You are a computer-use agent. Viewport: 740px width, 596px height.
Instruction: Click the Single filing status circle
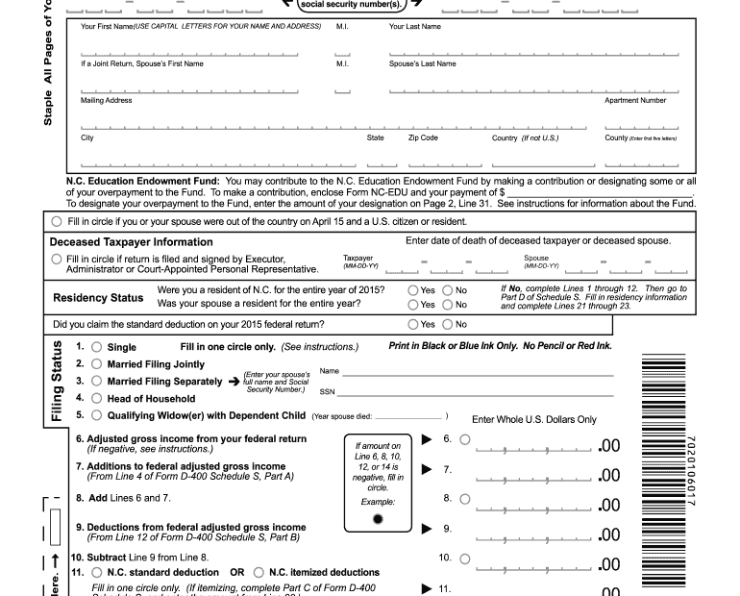pos(96,347)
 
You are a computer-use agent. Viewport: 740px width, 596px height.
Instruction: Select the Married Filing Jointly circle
pos(96,364)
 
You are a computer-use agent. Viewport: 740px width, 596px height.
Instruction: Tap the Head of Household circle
pos(96,398)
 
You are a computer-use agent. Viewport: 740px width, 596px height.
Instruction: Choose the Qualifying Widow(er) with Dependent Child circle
pos(96,415)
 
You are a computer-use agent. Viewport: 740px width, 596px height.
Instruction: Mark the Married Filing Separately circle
pos(96,381)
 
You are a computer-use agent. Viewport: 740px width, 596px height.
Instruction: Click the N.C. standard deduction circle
pos(96,572)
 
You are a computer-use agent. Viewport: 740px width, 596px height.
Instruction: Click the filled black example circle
pos(378,519)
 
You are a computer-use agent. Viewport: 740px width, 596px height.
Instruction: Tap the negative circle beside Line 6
pos(465,439)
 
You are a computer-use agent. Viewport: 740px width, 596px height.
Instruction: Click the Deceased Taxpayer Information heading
pos(131,242)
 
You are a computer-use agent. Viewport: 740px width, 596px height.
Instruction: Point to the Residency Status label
pos(98,297)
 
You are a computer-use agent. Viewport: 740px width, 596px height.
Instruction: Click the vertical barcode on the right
pos(663,471)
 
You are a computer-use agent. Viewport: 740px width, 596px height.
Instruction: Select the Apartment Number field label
pos(634,100)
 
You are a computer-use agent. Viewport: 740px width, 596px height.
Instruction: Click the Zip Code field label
pos(423,137)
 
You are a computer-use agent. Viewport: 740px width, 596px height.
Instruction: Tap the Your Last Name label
pos(415,27)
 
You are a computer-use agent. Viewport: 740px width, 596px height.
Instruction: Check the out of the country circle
pos(58,221)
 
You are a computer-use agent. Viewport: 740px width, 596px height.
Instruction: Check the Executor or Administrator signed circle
pos(58,259)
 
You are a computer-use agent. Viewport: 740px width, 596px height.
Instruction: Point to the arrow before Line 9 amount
pos(428,529)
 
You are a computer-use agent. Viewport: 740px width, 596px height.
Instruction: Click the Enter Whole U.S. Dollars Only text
pos(534,419)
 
